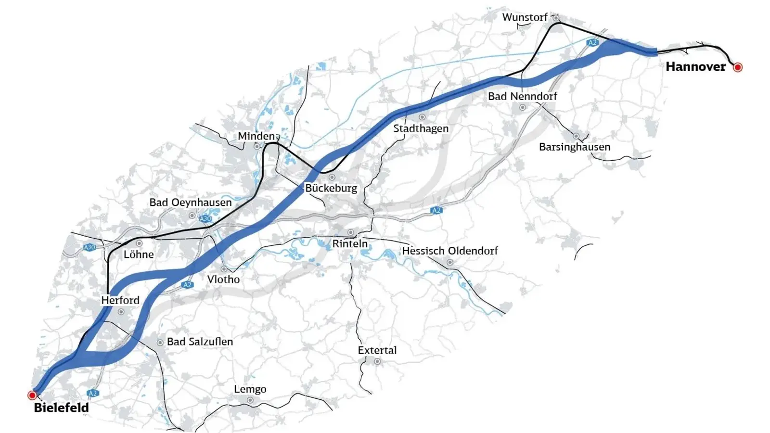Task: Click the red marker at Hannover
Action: [x=737, y=67]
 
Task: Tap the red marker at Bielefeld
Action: [x=32, y=395]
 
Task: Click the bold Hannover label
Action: [x=695, y=67]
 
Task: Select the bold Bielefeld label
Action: [x=61, y=408]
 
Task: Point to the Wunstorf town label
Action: [x=525, y=17]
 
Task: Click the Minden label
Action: [x=256, y=136]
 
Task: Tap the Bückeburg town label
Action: [x=331, y=188]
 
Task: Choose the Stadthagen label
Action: [x=421, y=128]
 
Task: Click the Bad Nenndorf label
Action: [x=522, y=96]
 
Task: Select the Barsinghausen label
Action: [x=574, y=147]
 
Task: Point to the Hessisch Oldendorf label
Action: [x=449, y=251]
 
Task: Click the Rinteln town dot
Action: [x=351, y=232]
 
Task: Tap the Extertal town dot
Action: [x=377, y=361]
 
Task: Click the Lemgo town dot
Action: [x=250, y=400]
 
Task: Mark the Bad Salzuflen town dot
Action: [x=160, y=343]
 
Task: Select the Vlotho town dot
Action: [x=224, y=269]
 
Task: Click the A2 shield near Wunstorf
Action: [x=592, y=43]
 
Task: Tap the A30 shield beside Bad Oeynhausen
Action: [x=205, y=218]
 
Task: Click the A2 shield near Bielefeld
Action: [x=93, y=393]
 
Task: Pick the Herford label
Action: [x=120, y=300]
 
